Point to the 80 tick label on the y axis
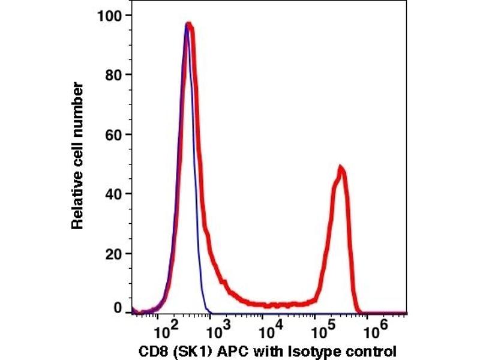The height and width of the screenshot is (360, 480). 113,74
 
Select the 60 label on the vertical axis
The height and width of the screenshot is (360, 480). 113,134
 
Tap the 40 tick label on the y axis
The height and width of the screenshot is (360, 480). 113,194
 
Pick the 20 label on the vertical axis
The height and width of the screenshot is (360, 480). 113,253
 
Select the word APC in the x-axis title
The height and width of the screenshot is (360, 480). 223,350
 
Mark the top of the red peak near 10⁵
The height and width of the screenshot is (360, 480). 341,167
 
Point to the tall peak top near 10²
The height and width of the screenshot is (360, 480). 188,25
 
